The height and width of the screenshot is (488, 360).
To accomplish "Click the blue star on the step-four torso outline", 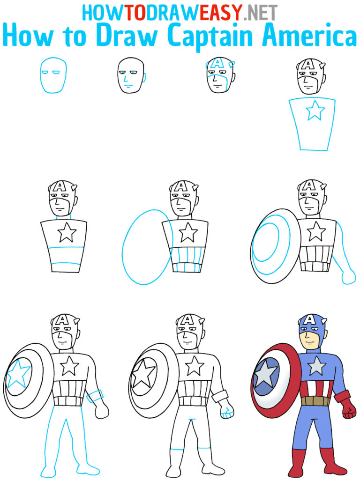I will click(315, 112).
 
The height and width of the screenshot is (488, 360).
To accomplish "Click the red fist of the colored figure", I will click(347, 411).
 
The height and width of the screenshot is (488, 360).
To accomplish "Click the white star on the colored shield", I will click(266, 375).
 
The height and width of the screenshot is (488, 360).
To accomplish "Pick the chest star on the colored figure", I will click(317, 365).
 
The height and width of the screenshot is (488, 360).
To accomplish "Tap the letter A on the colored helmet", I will click(310, 320).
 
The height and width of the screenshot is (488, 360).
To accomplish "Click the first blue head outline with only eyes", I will click(53, 75).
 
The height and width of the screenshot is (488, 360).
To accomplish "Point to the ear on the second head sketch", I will click(142, 75).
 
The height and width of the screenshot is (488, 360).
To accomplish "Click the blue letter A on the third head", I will click(217, 63).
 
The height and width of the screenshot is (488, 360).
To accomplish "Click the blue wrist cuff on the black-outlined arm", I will click(94, 397).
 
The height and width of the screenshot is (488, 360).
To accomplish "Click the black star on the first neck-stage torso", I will click(67, 232).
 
